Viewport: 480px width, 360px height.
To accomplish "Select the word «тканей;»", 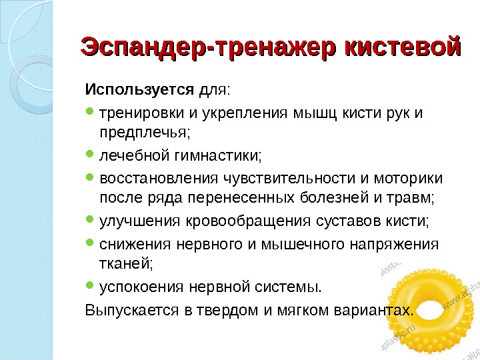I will tap(126, 265).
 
